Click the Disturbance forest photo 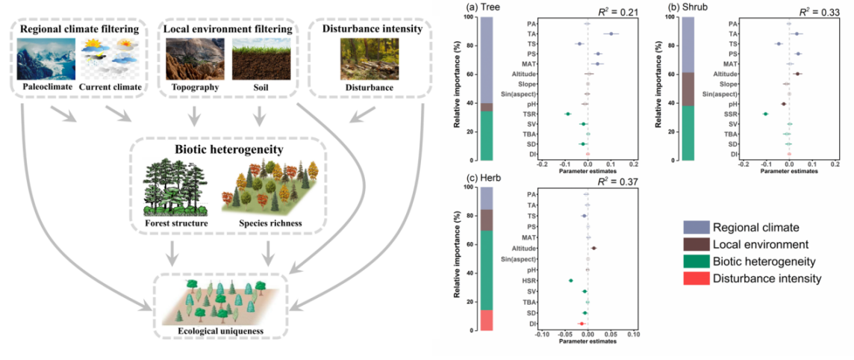click(369, 59)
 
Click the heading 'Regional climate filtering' click(81, 29)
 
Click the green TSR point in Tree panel click(567, 114)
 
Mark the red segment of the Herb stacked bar click(486, 320)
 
